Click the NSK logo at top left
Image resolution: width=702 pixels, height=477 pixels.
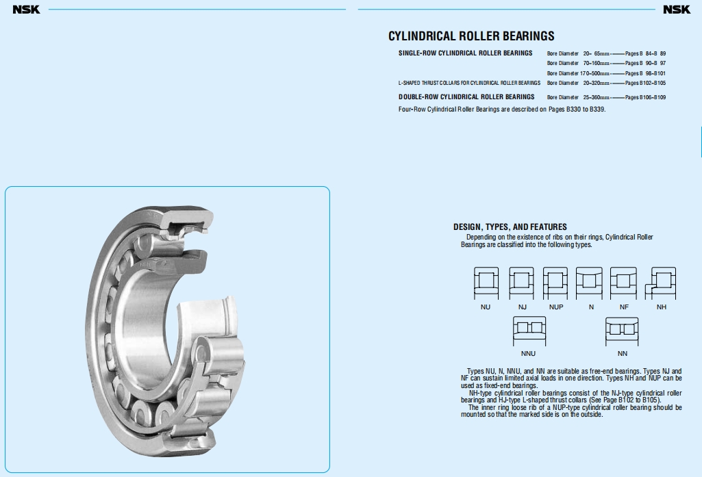click(x=27, y=10)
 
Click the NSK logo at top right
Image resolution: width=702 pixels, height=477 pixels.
click(x=677, y=10)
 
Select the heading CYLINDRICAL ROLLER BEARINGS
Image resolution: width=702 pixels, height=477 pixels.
click(x=471, y=36)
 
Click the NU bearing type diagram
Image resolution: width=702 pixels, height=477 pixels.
click(x=486, y=283)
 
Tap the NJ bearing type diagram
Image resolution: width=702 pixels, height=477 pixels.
click(x=521, y=283)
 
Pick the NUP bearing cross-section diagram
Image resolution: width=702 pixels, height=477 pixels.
click(x=555, y=283)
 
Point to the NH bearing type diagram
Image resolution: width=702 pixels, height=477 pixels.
click(x=660, y=283)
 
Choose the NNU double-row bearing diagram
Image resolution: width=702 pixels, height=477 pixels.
click(x=529, y=331)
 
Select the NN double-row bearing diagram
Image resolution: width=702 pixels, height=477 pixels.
click(x=622, y=331)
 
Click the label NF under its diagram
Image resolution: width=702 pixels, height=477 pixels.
click(x=624, y=307)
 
